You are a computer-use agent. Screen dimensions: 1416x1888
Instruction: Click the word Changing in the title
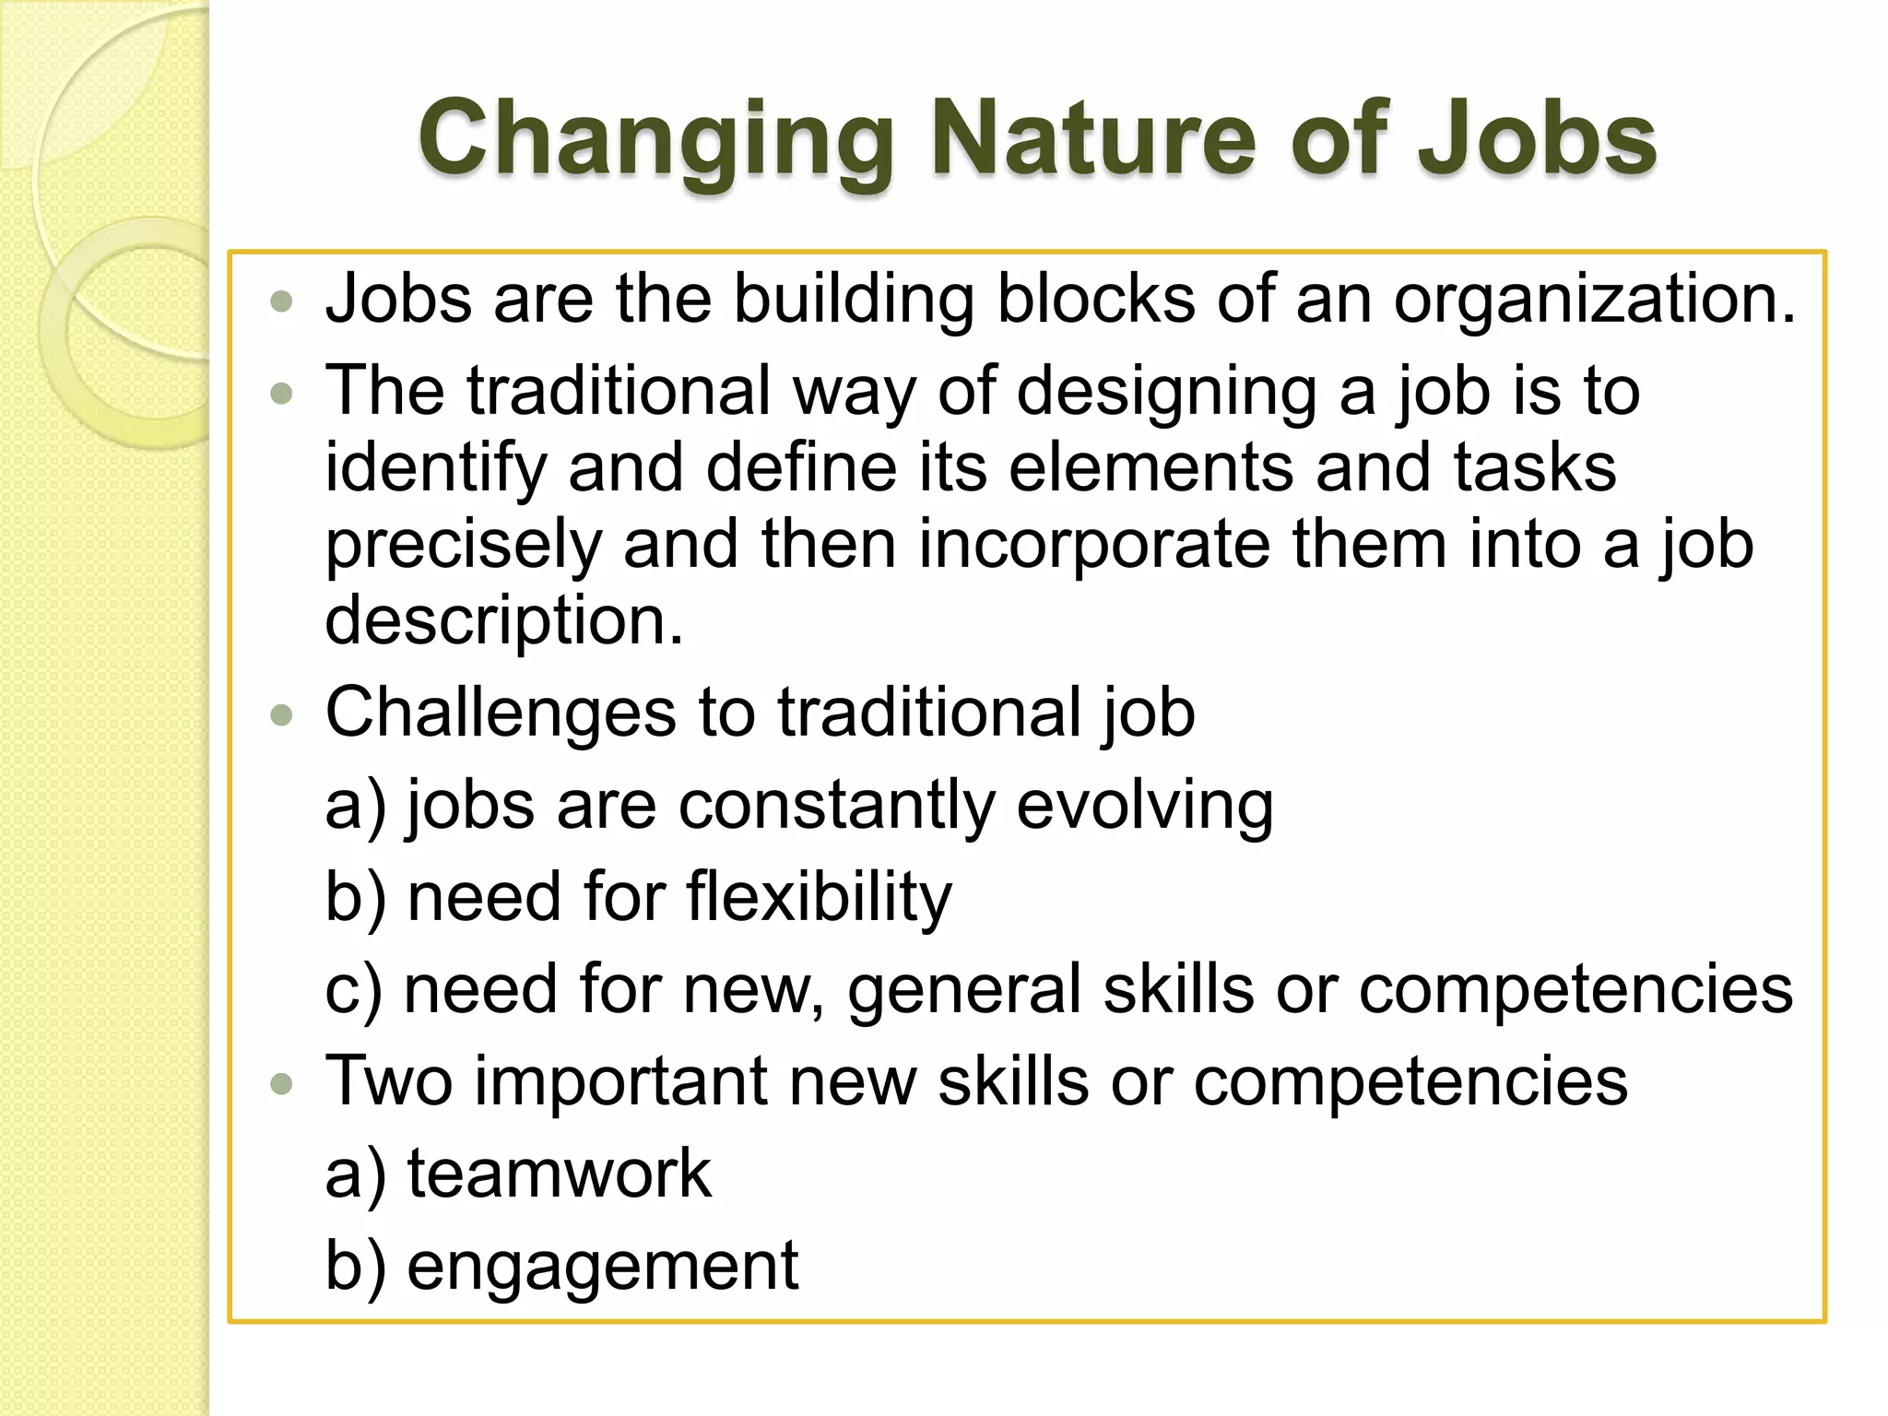(x=656, y=140)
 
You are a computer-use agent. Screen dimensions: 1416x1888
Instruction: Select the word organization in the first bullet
(x=1594, y=301)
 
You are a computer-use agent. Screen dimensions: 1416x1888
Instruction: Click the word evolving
(x=1144, y=806)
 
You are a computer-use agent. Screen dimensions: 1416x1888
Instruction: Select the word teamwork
(x=559, y=1174)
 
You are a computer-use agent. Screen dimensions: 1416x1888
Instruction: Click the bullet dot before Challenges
(x=282, y=716)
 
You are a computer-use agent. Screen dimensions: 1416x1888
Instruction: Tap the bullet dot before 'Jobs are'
(x=282, y=302)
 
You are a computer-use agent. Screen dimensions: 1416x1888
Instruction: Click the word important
(x=620, y=1083)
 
